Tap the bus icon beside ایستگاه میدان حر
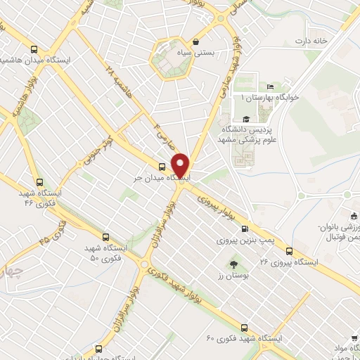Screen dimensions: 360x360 pos(162,167)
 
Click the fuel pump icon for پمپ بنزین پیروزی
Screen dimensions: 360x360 pos(245,228)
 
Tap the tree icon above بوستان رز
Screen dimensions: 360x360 pos(233,264)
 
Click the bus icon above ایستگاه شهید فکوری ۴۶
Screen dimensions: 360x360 pos(39,181)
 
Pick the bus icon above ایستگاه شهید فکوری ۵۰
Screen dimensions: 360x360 pos(105,237)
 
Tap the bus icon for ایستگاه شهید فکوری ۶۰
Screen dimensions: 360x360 pos(244,327)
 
